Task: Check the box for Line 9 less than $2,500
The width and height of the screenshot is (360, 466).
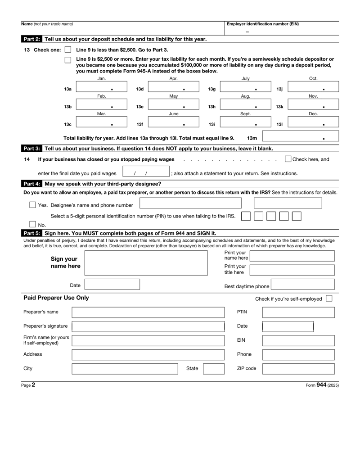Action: coord(68,50)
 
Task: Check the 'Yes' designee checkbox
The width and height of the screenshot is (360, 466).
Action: coord(32,205)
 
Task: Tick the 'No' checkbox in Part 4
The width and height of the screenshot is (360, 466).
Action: coord(32,225)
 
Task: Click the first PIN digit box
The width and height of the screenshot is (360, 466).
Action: coord(246,216)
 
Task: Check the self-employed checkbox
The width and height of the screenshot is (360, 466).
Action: coord(329,299)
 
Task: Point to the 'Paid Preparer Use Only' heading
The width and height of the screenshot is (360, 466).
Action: coord(56,298)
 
